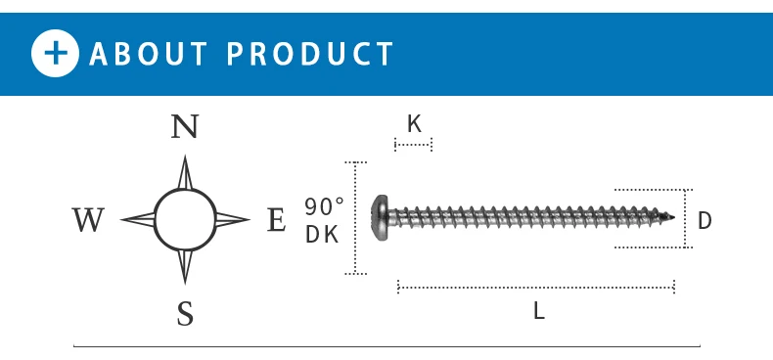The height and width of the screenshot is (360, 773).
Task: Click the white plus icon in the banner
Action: tap(55, 53)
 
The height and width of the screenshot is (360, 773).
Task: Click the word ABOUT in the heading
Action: tap(149, 53)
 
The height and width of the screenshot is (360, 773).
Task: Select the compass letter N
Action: tap(185, 127)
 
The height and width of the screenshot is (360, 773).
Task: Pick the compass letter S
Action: tap(185, 314)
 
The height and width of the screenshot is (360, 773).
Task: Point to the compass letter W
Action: tap(88, 221)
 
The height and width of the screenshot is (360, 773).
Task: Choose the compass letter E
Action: tap(276, 221)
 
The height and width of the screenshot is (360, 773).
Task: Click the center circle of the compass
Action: tap(185, 220)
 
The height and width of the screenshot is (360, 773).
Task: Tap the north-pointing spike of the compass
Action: tap(185, 173)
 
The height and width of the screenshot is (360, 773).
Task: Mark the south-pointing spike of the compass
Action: tap(185, 267)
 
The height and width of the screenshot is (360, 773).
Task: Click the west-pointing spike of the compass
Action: tap(138, 220)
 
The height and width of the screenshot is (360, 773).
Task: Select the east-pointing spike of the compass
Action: tap(232, 220)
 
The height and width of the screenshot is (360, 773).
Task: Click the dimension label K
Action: tap(414, 124)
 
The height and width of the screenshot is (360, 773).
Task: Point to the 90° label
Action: tap(324, 206)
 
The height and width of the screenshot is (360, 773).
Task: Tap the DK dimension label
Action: tap(321, 235)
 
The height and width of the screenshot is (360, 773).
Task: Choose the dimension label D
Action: tap(705, 221)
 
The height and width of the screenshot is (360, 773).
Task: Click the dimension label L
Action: tap(538, 312)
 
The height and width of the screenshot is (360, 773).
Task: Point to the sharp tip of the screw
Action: tap(675, 217)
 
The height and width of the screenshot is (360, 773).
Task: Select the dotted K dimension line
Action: tap(413, 146)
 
